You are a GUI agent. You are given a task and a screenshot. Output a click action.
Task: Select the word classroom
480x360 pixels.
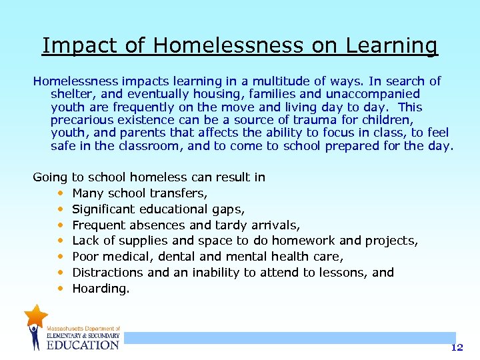147,146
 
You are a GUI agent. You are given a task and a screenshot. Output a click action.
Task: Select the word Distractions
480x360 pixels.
108,273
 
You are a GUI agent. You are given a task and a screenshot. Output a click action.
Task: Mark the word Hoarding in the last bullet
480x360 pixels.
101,289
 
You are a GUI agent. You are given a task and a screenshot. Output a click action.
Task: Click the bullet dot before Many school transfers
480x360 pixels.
61,194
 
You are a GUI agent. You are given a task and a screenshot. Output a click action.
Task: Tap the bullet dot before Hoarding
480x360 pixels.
61,289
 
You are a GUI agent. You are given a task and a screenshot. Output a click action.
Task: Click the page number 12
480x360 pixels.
456,347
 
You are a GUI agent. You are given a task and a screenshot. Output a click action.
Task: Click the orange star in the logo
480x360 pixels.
35,314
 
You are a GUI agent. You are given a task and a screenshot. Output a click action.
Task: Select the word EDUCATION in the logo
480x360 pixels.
82,345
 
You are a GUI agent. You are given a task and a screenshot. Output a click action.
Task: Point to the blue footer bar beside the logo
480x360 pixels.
287,338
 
